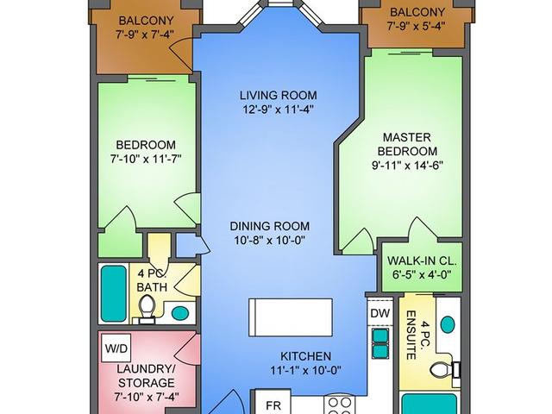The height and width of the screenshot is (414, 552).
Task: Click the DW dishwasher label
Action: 380,313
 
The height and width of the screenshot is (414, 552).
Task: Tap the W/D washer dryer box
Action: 116,348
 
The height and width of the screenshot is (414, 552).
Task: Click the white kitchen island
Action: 291,317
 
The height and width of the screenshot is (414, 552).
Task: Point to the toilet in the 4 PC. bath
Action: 147,309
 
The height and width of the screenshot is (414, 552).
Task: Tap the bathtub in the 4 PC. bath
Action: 114,293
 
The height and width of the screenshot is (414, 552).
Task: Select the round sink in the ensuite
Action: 448,324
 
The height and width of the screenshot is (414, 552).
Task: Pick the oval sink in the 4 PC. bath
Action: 180,312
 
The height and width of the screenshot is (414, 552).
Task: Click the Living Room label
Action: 278,96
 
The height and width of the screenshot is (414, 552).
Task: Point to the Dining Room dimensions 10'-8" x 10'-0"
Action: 270,241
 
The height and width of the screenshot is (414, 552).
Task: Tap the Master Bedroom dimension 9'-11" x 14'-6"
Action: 407,165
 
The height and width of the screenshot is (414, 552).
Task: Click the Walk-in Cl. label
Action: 422,261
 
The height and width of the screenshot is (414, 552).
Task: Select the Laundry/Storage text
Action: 146,376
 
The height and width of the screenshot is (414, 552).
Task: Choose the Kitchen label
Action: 305,356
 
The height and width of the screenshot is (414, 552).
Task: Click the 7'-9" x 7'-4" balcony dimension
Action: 145,34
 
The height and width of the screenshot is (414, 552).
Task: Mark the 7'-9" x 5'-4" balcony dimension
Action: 417,26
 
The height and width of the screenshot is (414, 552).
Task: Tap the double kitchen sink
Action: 380,343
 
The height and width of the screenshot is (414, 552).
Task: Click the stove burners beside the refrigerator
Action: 340,405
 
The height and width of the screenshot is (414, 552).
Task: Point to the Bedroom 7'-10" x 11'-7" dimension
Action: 146,159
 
